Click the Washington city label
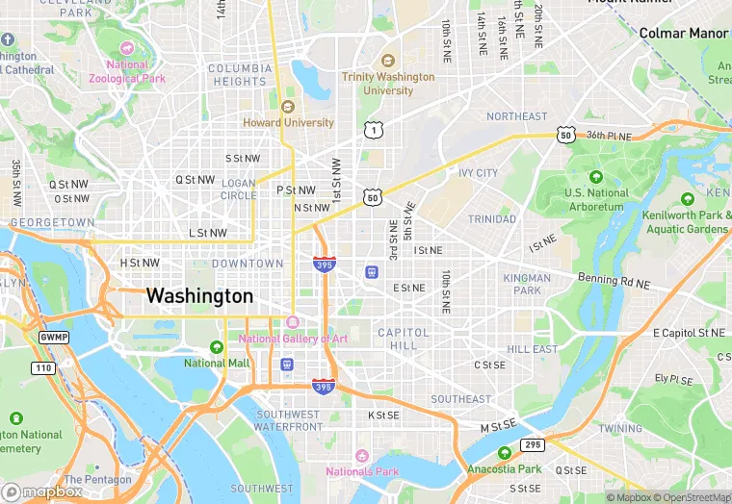199,296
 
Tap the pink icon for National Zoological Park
125,48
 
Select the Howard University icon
288,107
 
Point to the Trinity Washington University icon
388,60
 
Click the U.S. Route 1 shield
372,129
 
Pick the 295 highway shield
532,444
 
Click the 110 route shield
43,368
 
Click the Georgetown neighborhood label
52,222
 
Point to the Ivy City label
478,173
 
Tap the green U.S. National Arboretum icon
595,177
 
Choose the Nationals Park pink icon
362,455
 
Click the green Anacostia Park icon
504,453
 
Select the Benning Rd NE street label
614,281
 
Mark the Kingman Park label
527,284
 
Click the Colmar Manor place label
684,34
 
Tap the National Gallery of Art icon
293,322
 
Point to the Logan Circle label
239,189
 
